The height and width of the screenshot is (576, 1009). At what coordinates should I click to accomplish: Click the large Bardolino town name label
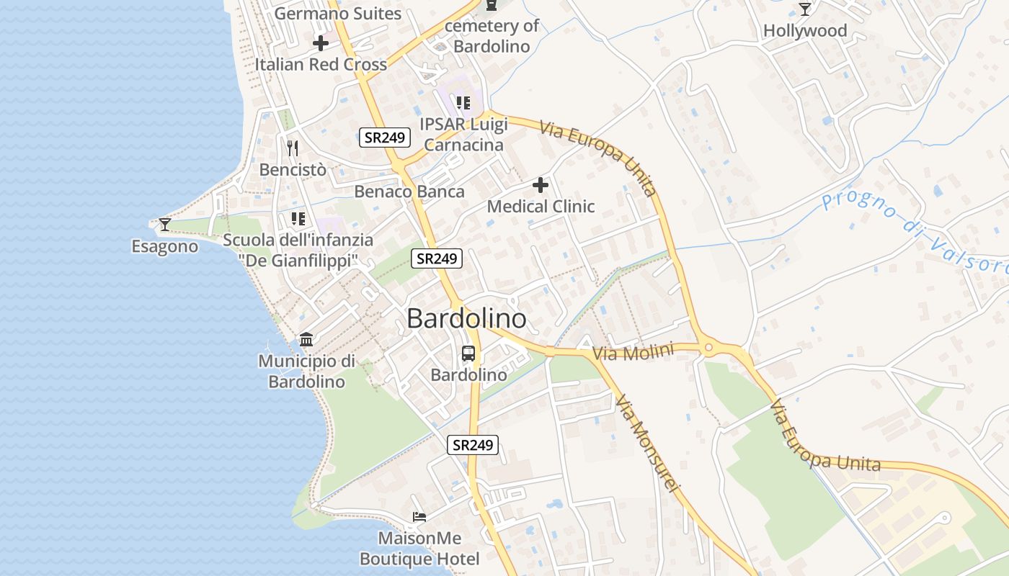tap(466, 318)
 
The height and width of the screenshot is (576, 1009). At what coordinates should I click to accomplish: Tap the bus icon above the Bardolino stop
tap(468, 354)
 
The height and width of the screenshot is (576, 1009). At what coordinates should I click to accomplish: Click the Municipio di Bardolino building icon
tap(306, 339)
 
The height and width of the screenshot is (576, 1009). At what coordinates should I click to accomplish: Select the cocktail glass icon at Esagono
tap(165, 225)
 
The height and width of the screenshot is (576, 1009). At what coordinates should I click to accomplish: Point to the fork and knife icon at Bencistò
tap(293, 149)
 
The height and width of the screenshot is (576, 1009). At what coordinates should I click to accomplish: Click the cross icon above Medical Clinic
tap(541, 186)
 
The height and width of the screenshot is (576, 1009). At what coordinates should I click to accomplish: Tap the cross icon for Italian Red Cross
tap(321, 43)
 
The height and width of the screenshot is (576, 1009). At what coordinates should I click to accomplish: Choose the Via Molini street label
tap(633, 352)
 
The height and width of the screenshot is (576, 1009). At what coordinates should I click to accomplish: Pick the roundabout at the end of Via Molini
tap(708, 348)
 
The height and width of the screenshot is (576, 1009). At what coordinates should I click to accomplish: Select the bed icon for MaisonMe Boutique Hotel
tap(419, 516)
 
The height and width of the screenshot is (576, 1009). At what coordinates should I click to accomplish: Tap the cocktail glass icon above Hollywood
tap(805, 9)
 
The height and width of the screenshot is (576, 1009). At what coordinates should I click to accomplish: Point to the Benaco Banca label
tap(409, 192)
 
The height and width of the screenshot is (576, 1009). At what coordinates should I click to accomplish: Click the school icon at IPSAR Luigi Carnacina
tap(463, 103)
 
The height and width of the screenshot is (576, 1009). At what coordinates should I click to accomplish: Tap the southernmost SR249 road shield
tap(473, 445)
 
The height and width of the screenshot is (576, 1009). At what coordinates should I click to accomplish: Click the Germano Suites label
tap(338, 13)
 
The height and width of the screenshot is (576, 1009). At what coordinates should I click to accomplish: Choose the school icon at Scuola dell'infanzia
tap(298, 218)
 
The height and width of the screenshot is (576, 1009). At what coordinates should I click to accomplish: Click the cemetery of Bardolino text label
tap(492, 36)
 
